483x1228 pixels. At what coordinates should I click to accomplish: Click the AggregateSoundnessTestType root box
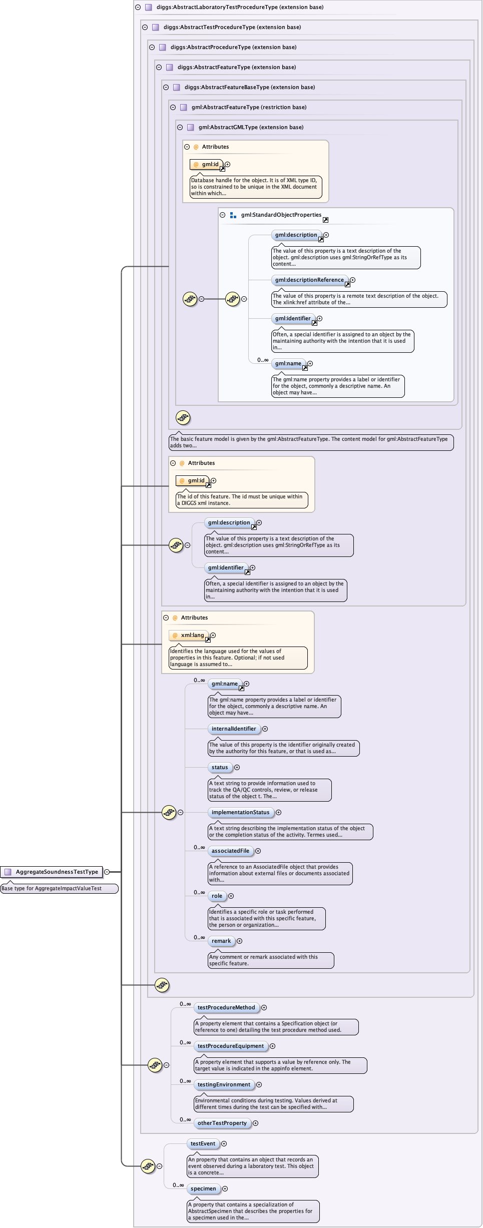(x=52, y=872)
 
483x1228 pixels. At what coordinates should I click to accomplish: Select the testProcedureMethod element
(x=226, y=1007)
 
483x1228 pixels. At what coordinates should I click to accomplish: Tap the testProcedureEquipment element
(x=230, y=1046)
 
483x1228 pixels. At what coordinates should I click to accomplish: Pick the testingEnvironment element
(x=224, y=1084)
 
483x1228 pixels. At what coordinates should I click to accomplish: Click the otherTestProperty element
(x=222, y=1123)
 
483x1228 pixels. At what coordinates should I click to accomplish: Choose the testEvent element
(x=203, y=1143)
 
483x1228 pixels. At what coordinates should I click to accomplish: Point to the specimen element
(x=203, y=1188)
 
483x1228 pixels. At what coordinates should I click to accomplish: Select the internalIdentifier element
(x=233, y=729)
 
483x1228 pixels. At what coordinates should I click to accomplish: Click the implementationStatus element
(x=240, y=812)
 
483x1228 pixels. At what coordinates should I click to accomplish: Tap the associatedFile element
(x=230, y=851)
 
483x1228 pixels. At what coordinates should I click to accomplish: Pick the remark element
(x=221, y=941)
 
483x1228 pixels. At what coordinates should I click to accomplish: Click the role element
(x=217, y=896)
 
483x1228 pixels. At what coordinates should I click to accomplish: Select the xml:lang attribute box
(x=189, y=635)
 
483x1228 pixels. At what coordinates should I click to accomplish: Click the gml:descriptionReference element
(x=309, y=280)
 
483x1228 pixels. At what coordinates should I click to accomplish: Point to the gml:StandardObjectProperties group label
(x=281, y=215)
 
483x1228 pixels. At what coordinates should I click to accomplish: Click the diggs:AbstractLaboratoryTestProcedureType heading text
(x=240, y=7)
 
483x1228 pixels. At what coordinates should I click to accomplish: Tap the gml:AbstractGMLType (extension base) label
(x=251, y=127)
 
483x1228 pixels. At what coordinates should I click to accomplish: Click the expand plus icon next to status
(x=237, y=767)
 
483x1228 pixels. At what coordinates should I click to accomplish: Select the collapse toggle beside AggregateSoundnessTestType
(x=107, y=872)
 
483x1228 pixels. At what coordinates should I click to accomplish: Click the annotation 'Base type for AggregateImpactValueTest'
(x=59, y=888)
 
